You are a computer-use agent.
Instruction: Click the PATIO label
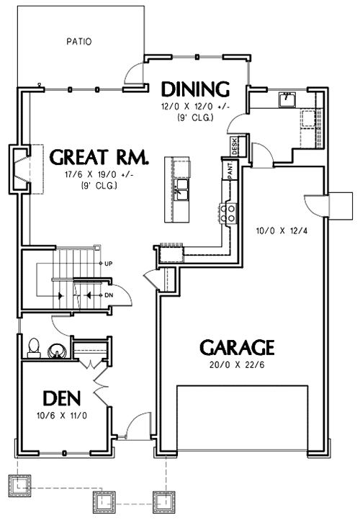[79, 41]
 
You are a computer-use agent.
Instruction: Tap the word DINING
[195, 89]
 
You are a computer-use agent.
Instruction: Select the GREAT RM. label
[99, 158]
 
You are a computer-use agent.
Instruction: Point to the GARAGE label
[237, 348]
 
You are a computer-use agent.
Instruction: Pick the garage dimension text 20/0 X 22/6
[237, 366]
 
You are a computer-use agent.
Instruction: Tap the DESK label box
[235, 146]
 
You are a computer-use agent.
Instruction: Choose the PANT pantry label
[228, 171]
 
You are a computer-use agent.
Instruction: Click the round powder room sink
[55, 351]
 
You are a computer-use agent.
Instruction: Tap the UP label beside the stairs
[108, 264]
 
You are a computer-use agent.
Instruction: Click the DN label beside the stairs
[108, 295]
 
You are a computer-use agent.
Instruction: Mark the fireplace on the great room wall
[19, 170]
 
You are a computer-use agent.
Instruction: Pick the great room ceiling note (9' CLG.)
[99, 186]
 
